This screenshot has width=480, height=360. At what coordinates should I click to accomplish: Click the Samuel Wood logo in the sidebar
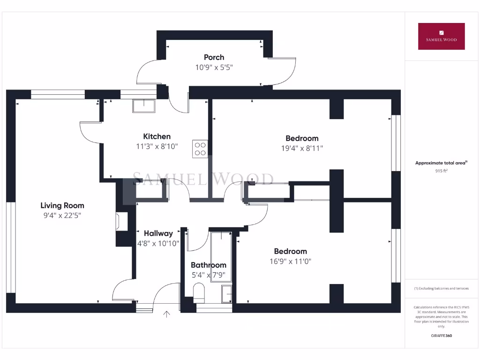point(441,36)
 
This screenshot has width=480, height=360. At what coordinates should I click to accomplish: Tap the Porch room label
point(214,57)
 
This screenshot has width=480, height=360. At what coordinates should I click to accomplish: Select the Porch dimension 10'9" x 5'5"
point(214,67)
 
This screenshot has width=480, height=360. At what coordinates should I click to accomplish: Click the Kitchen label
point(157,136)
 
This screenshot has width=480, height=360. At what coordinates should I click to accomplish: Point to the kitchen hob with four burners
point(200,149)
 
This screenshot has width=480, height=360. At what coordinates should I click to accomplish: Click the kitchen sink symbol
point(143,105)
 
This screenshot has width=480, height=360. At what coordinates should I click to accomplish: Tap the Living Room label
point(62,205)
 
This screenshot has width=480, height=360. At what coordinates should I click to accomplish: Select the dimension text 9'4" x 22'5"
point(62,216)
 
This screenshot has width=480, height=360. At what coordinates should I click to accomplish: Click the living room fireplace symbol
point(121,221)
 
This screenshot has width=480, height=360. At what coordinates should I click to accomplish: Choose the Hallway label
point(158,233)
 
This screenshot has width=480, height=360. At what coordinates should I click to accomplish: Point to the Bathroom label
point(208,265)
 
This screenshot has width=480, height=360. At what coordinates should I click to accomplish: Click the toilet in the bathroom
point(199,292)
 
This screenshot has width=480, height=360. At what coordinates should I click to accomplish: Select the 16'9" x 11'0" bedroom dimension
point(291,262)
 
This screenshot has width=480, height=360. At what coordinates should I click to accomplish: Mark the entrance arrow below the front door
point(166,314)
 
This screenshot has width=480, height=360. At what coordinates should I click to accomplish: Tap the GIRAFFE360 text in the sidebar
point(441,336)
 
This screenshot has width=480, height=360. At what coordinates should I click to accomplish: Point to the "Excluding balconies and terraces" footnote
point(441,288)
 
